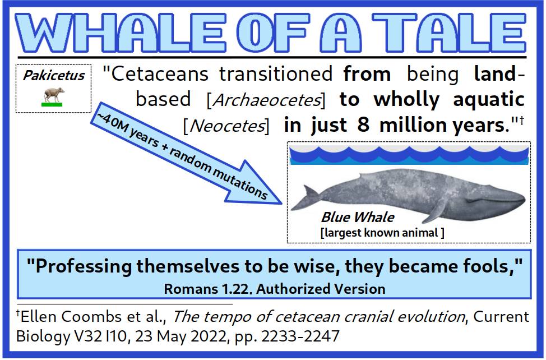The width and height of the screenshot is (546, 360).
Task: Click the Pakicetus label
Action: (x=54, y=75)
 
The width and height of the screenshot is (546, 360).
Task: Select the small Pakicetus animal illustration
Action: (x=53, y=95)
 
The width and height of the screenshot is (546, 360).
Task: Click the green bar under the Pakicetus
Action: (x=52, y=104)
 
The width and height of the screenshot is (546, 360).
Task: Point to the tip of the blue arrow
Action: (x=281, y=204)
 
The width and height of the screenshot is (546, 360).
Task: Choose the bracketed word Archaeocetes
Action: (x=266, y=100)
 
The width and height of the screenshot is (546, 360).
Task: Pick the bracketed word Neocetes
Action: (x=226, y=126)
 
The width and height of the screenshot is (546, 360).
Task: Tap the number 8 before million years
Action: (x=363, y=124)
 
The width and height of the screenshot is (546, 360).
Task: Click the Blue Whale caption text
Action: (x=358, y=217)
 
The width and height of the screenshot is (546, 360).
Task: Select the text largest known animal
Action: (x=381, y=232)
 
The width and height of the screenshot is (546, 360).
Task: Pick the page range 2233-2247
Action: (x=300, y=336)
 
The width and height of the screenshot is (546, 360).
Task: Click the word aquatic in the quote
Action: (x=489, y=100)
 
